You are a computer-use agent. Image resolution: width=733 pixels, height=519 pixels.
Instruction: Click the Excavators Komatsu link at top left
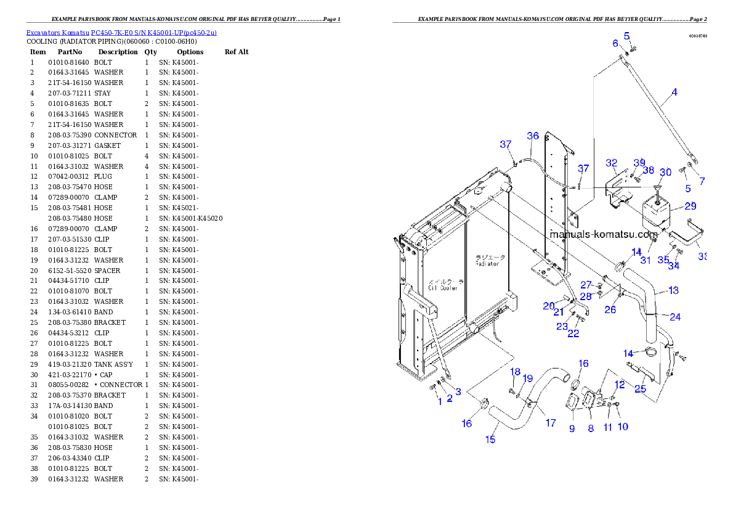121,32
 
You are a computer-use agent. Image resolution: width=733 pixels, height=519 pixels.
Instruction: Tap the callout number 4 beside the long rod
674,92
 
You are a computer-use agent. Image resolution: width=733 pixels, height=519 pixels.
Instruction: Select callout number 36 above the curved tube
533,136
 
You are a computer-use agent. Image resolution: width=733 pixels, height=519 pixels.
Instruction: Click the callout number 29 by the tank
690,206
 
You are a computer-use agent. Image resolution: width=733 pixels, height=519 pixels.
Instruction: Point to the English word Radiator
487,264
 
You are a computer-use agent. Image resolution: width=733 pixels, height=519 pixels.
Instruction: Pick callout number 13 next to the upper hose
673,290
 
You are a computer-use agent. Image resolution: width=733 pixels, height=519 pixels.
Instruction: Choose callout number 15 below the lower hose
490,439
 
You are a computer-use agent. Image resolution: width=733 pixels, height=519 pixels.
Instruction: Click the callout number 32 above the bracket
611,163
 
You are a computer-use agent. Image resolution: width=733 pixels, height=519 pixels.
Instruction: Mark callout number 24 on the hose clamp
675,317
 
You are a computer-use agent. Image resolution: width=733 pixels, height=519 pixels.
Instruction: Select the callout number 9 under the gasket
572,428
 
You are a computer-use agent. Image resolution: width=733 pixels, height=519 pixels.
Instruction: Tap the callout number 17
551,423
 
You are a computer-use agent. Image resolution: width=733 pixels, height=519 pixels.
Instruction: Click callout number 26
610,309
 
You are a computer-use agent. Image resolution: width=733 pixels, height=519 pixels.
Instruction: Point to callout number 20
549,306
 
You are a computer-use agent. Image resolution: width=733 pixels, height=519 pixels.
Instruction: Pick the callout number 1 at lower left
440,401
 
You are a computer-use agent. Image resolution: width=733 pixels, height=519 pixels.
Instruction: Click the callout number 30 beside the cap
665,173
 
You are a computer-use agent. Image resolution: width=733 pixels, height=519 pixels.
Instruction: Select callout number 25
641,388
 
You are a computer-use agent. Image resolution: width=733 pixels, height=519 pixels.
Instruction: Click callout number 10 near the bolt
623,426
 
